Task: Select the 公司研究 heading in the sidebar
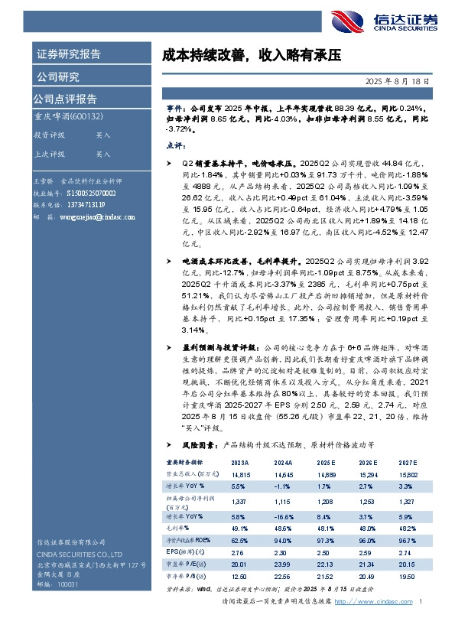tap(57, 76)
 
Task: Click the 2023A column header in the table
tap(239, 463)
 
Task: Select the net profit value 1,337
tap(239, 501)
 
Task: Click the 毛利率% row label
tap(178, 529)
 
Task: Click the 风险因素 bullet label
tap(193, 444)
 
